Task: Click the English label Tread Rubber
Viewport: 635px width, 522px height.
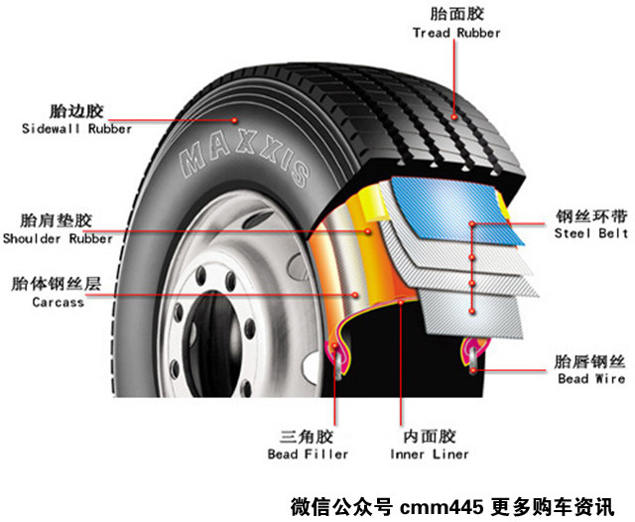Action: click(456, 33)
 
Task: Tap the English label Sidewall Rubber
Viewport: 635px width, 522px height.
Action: click(76, 129)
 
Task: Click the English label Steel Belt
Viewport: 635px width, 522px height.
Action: click(592, 233)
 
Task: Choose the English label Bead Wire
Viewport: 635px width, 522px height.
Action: click(591, 379)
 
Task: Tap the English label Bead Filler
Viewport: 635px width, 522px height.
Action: click(309, 455)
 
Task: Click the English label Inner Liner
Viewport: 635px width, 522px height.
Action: click(431, 455)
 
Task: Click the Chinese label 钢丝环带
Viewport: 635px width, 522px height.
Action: click(591, 215)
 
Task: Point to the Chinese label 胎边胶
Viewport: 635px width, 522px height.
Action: click(76, 110)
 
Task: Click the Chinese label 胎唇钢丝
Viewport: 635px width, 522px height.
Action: click(591, 361)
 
